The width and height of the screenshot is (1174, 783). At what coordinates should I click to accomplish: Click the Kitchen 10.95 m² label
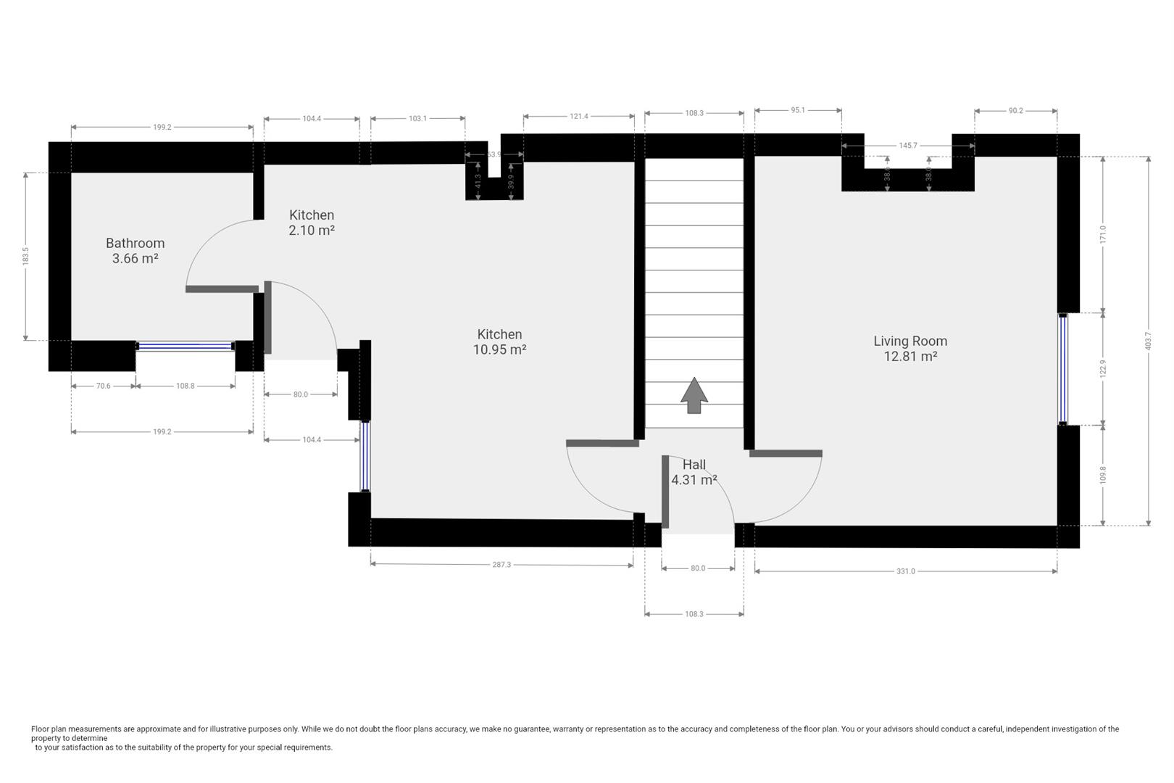[499, 342]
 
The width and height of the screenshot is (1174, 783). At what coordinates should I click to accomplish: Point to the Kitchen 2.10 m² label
[312, 223]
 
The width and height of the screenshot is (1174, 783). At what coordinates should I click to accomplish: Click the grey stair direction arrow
[694, 395]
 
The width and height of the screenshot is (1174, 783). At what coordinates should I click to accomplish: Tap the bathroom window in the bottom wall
[185, 346]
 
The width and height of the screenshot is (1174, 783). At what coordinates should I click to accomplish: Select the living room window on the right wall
[1062, 369]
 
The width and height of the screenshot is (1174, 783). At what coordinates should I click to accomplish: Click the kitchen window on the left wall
[365, 456]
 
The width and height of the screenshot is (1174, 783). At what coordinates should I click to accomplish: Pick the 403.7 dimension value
[1149, 341]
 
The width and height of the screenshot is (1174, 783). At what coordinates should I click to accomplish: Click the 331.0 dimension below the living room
[905, 571]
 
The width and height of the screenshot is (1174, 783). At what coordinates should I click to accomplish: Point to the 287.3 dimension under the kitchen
[501, 565]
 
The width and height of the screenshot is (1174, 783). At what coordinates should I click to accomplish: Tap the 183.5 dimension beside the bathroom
[25, 256]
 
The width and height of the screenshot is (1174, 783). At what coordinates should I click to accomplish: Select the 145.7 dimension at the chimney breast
[908, 145]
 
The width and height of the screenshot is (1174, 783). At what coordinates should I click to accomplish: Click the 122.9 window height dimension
[1103, 369]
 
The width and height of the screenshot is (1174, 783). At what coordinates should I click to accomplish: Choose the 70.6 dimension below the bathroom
[103, 386]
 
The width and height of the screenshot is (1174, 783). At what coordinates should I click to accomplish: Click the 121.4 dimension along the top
[578, 117]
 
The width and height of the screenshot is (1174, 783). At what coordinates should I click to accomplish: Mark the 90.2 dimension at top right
[1015, 111]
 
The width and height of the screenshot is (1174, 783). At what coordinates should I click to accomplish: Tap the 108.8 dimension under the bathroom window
[185, 386]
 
